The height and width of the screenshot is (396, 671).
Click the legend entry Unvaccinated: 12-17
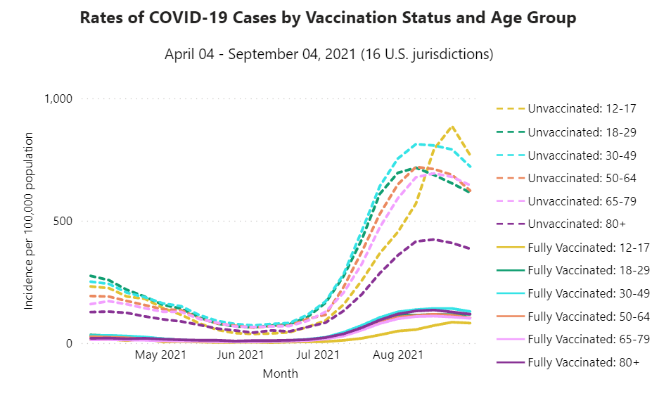576,109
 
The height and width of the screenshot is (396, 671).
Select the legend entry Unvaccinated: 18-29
576,132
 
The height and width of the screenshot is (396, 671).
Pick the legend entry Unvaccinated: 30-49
576,155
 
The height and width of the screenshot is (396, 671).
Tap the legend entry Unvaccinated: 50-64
576,178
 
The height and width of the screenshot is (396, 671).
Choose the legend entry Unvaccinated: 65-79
576,201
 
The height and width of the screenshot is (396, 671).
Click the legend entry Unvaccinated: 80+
570,224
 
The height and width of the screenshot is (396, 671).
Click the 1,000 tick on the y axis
58,99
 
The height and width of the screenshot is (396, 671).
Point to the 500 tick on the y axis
64,221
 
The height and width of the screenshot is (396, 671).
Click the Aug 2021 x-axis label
398,355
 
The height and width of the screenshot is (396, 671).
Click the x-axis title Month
280,374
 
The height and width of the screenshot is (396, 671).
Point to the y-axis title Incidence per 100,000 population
29,221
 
